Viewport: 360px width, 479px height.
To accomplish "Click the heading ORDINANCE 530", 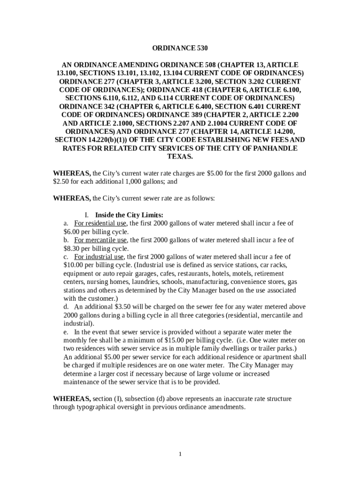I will [x=180, y=48].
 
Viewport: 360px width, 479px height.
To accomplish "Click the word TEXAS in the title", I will [x=180, y=156].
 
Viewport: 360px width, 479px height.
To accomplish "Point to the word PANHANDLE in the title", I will [x=274, y=148].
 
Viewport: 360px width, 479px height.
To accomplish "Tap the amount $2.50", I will [x=61, y=181].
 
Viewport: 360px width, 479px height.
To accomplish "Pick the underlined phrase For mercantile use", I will [x=101, y=240].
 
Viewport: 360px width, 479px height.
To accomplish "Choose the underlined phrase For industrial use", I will [x=99, y=257].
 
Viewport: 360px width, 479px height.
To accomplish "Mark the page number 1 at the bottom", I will [x=180, y=454].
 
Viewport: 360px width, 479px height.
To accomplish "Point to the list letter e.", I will [x=65, y=332].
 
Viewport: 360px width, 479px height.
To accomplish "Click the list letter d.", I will [x=65, y=307].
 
